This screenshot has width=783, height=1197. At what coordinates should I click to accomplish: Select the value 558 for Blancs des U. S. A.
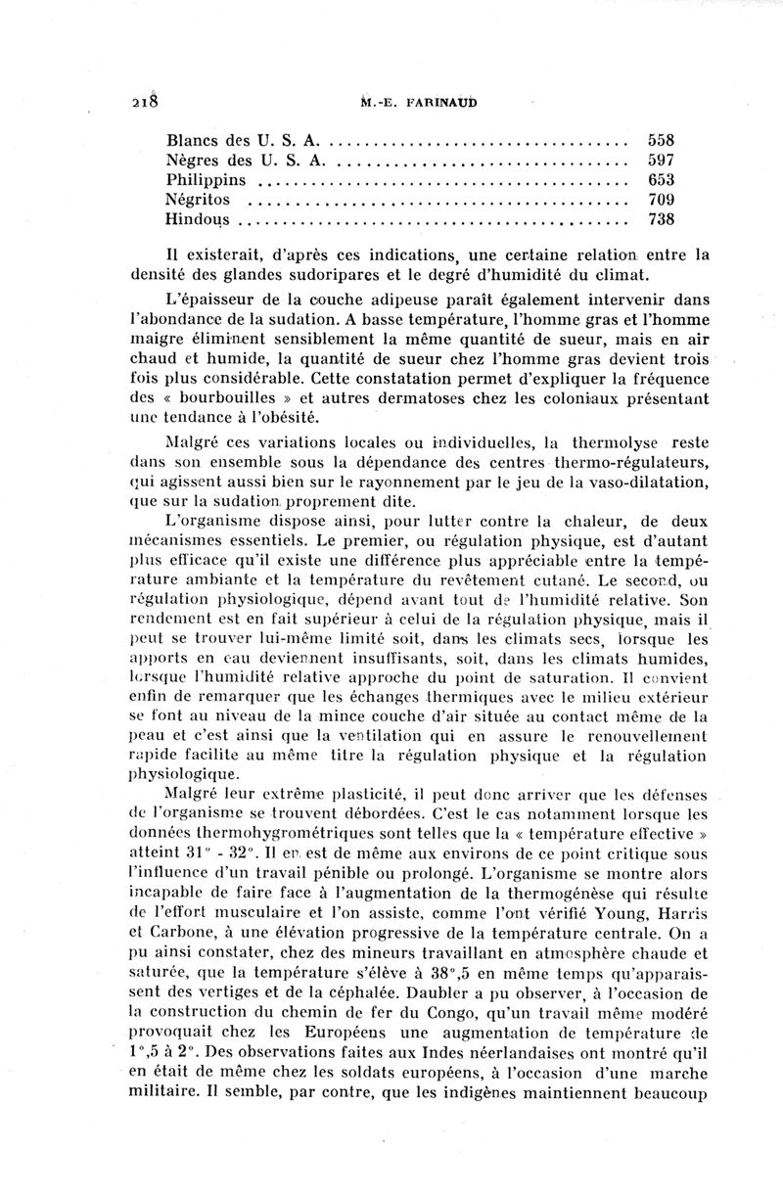tap(662, 139)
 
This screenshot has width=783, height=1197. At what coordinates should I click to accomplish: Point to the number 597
tap(662, 160)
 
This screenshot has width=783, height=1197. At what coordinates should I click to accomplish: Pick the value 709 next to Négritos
tap(662, 200)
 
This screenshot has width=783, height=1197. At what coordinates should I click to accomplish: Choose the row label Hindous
tap(197, 220)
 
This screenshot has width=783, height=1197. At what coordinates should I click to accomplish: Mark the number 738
tap(662, 220)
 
